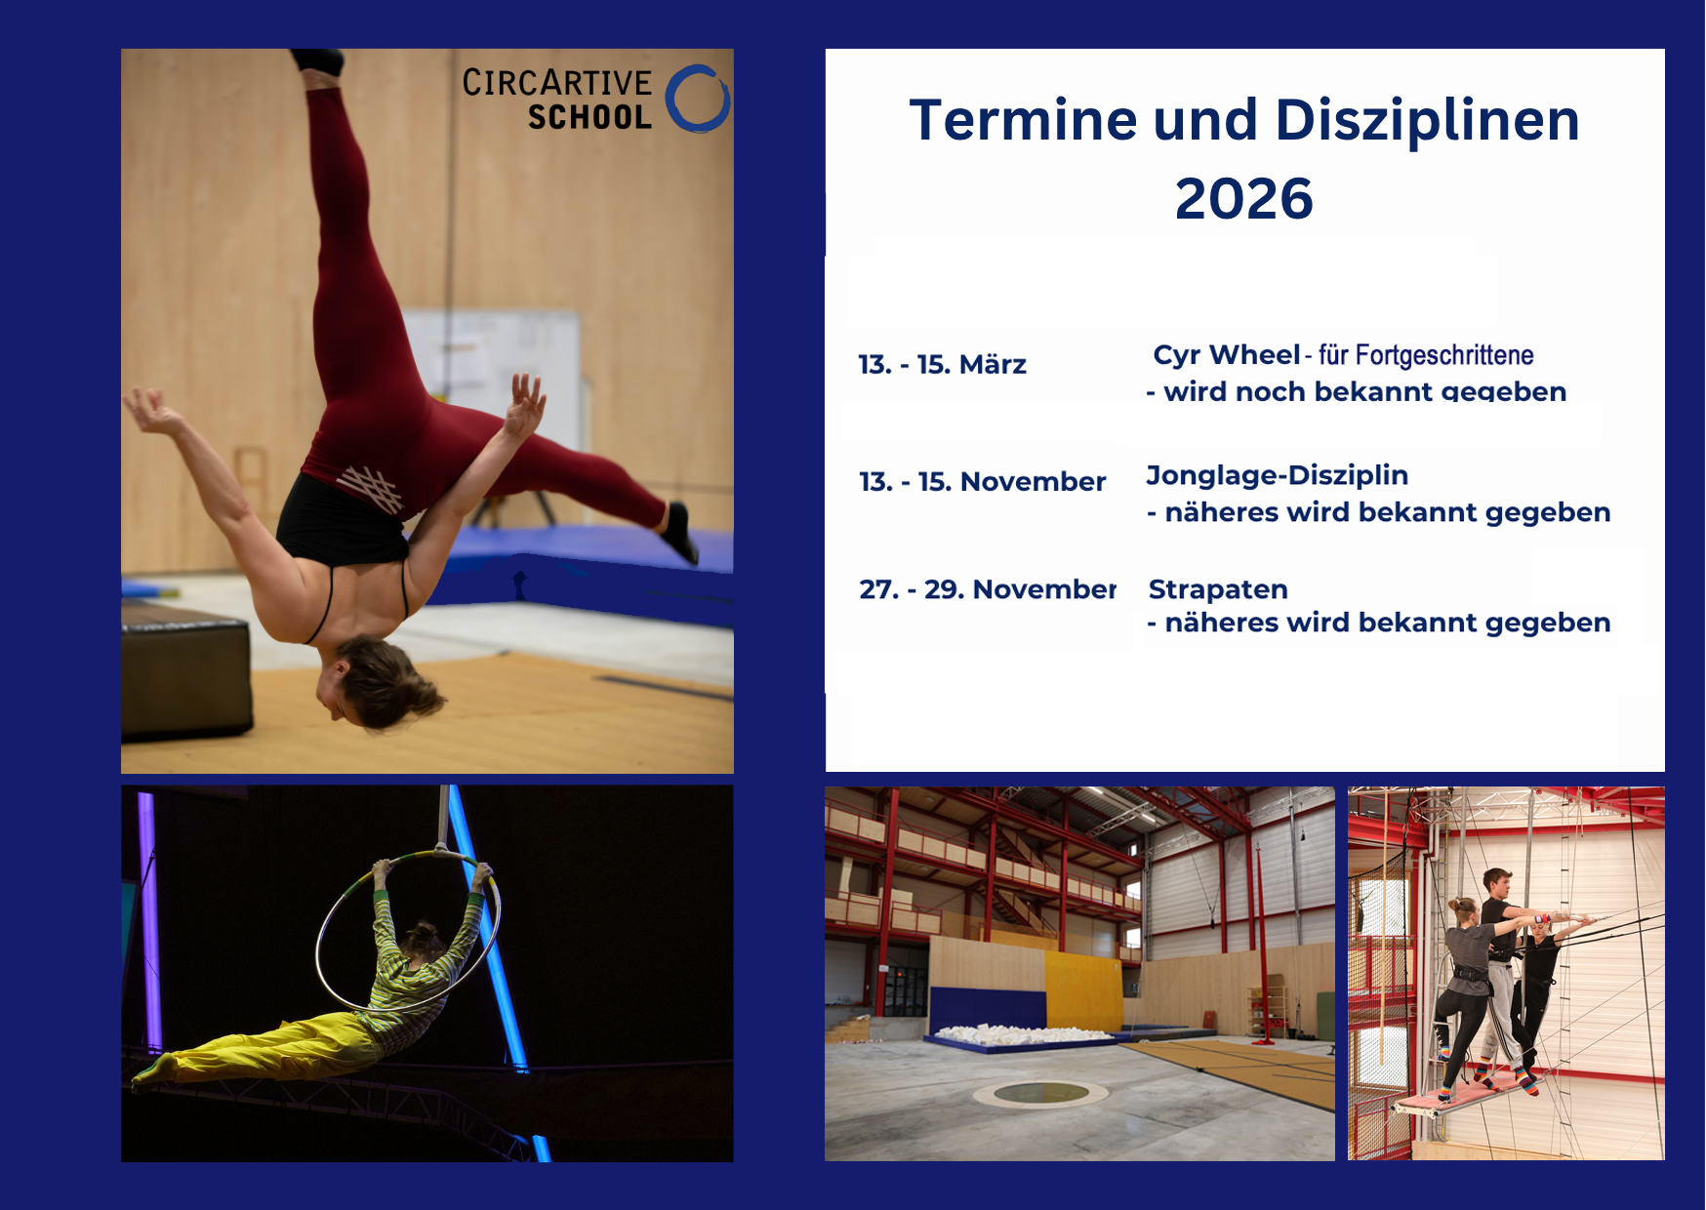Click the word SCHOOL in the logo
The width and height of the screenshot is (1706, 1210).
tap(589, 118)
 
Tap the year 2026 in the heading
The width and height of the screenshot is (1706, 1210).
tap(1243, 199)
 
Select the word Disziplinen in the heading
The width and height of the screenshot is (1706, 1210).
tap(1427, 120)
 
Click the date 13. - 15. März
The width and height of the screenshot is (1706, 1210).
tap(942, 365)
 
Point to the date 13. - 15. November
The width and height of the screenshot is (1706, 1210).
tap(982, 482)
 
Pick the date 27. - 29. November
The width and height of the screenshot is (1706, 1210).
tap(988, 589)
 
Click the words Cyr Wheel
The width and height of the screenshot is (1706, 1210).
tap(1227, 355)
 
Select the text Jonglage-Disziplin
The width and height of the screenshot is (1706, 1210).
tap(1277, 476)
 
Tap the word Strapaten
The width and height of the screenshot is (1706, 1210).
tap(1218, 590)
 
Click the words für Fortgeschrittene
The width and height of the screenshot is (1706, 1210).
tap(1426, 355)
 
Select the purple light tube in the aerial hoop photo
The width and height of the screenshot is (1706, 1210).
tap(150, 921)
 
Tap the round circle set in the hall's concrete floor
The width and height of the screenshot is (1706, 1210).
tap(1042, 1093)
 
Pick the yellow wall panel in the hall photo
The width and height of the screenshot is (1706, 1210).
tap(1084, 990)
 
